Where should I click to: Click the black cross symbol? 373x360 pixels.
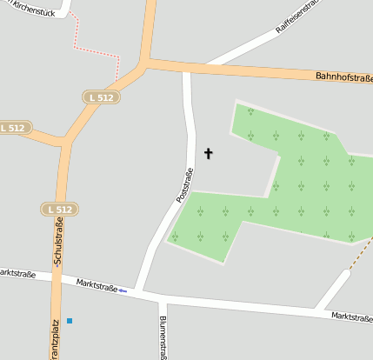(x=208, y=154)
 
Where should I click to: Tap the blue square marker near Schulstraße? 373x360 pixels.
(x=70, y=321)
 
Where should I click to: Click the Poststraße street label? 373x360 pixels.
(x=183, y=185)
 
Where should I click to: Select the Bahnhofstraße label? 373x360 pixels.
(x=343, y=78)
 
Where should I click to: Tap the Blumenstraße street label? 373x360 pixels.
(x=163, y=337)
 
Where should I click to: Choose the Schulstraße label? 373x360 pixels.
(x=58, y=244)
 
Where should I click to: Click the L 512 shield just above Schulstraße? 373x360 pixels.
(x=60, y=210)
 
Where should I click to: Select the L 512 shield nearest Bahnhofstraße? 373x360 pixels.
(x=101, y=98)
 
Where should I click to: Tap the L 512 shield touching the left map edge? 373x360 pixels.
(x=14, y=128)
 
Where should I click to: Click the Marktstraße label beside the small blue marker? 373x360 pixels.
(x=97, y=284)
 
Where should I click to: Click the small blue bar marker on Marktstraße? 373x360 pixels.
(x=123, y=290)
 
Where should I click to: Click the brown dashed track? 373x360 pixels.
(x=358, y=257)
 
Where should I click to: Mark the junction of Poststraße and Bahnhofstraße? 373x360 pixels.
(x=185, y=68)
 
